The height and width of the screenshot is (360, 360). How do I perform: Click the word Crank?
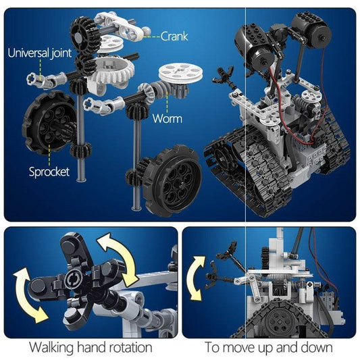pos(174,36)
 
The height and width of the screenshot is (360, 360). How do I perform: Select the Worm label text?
pos(167,119)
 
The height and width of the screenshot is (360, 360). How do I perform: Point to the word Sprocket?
pos(49,172)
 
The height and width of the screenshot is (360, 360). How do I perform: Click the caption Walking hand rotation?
pos(90,347)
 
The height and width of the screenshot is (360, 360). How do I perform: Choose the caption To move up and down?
pos(269,347)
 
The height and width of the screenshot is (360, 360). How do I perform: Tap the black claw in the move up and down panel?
pos(227,260)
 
